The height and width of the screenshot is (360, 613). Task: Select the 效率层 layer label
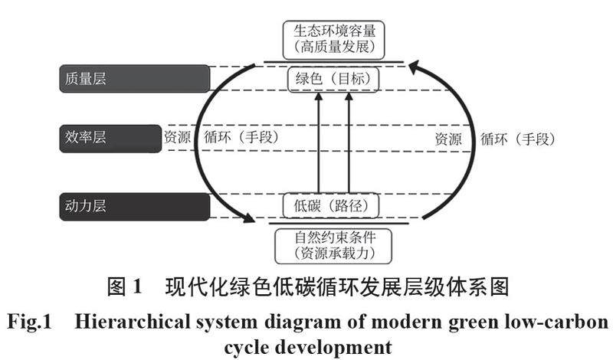click(x=107, y=139)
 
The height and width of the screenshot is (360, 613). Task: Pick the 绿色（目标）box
click(x=334, y=78)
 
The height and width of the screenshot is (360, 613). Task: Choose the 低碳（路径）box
click(x=334, y=205)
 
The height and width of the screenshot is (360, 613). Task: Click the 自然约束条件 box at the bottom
click(x=334, y=244)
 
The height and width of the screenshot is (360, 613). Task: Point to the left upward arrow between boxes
click(x=319, y=142)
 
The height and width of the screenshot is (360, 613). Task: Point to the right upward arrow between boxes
click(x=349, y=142)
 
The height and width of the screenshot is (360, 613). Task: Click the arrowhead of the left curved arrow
click(x=247, y=219)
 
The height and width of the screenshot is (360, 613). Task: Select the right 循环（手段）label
click(x=516, y=139)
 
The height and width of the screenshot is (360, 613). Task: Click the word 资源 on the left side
click(x=179, y=139)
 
